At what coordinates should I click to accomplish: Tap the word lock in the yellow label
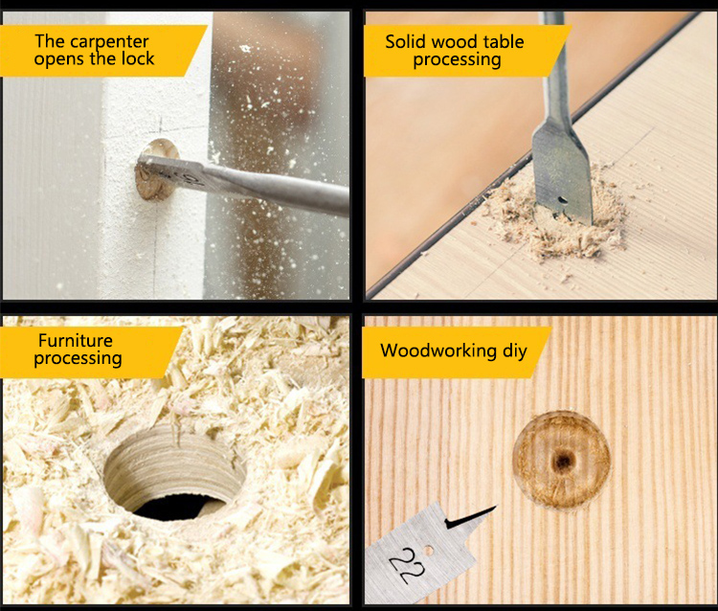pyautogui.click(x=135, y=59)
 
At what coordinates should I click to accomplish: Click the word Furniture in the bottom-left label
pyautogui.click(x=76, y=340)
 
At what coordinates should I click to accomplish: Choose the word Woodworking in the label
pyautogui.click(x=437, y=351)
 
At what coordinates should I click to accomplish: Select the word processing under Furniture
pyautogui.click(x=78, y=359)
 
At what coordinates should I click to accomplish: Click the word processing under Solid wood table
pyautogui.click(x=457, y=59)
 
